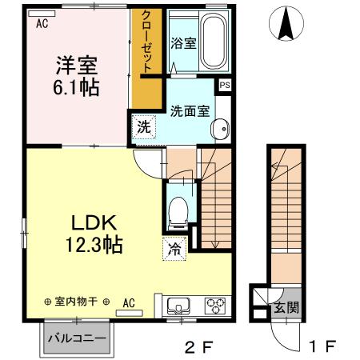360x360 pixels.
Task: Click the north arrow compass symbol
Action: tap(285, 23)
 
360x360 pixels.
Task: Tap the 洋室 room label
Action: tap(77, 62)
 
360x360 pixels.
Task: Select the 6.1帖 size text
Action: tap(77, 86)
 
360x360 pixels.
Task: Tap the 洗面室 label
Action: tap(189, 111)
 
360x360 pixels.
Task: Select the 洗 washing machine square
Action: tap(143, 126)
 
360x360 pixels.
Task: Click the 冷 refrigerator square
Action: tap(174, 249)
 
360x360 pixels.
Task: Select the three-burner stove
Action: tap(216, 305)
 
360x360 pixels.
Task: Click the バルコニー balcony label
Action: tap(77, 338)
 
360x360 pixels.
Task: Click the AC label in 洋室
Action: tap(42, 24)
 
